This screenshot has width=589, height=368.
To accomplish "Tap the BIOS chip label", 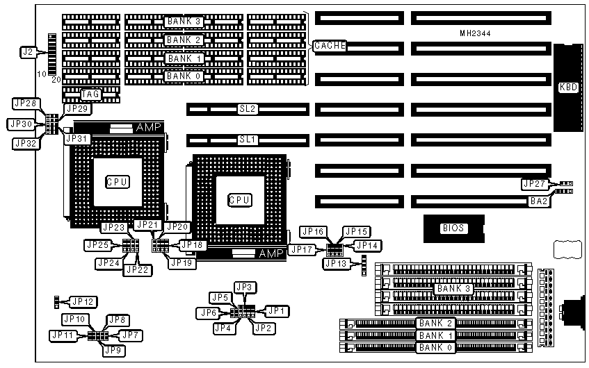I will (453, 228).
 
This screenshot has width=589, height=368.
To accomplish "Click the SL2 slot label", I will (248, 109).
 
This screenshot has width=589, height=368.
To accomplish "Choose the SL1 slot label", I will (248, 140).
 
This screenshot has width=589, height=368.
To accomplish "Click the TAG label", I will (91, 94).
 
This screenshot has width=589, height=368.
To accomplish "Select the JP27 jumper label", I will (534, 184).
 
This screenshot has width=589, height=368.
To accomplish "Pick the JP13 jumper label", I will (336, 262).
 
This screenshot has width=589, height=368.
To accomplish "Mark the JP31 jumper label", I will (77, 138).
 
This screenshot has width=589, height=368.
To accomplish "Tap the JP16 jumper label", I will (312, 231).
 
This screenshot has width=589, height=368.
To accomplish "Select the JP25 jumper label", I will (97, 244).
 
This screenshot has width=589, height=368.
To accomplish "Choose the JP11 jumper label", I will (62, 335).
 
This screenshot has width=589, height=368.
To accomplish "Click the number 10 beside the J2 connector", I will (41, 73).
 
